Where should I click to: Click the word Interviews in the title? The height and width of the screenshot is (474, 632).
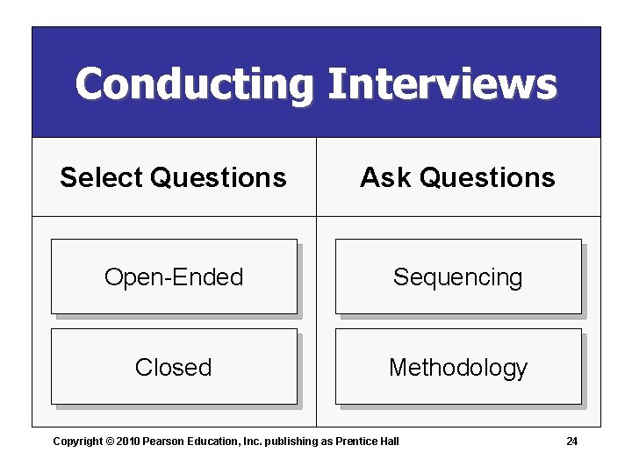442,85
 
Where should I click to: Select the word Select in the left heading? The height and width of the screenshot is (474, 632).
101,177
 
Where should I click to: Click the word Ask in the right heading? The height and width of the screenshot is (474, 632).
385,177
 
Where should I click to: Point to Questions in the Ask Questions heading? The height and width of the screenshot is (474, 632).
487,177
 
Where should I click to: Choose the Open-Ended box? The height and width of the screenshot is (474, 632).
174,277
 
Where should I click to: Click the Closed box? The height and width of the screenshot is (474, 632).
174,367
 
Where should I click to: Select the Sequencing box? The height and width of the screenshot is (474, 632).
457,277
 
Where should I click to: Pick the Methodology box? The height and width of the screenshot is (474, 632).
457,367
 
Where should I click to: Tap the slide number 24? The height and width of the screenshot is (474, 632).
571,441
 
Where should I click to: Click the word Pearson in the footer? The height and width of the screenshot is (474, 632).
163,441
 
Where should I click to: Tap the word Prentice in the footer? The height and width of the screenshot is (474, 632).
356,441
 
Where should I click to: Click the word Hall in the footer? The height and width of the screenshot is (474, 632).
389,441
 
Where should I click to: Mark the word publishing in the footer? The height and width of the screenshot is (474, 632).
291,441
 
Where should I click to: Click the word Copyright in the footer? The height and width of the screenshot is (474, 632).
77,441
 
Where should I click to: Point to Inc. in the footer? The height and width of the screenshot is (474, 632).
250,441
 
